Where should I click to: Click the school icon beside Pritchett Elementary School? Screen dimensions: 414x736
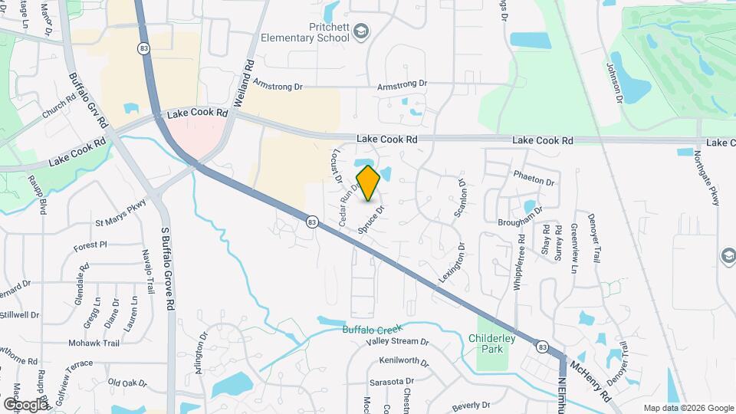(x=363, y=31)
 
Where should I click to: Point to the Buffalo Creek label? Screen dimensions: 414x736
(x=372, y=330)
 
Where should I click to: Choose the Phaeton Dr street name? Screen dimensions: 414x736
(x=534, y=182)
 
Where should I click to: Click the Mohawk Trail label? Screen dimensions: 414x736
(x=94, y=343)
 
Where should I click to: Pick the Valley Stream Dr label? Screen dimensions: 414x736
(x=397, y=342)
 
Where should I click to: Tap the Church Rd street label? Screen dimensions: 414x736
(x=60, y=106)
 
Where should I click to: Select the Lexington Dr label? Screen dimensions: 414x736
(x=453, y=265)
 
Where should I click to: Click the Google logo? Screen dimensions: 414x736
(x=25, y=404)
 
